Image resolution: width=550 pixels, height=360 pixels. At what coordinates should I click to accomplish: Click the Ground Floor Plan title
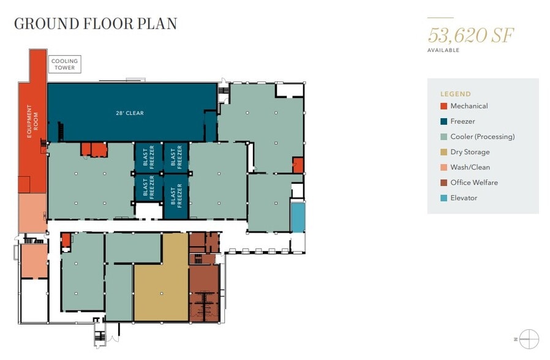tap(96, 24)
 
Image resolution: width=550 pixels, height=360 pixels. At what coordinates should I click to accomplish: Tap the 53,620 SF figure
tap(471, 35)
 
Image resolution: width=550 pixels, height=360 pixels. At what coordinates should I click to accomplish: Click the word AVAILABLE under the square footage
tap(443, 50)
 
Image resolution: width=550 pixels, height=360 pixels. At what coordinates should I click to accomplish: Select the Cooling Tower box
tap(64, 64)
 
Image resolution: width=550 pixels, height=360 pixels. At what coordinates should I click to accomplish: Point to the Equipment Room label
tap(32, 121)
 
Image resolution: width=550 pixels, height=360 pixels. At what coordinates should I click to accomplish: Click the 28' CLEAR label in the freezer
tap(130, 113)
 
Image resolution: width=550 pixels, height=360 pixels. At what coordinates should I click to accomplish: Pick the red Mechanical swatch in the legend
tap(443, 106)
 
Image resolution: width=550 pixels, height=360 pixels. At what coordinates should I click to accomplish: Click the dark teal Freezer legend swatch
tap(443, 121)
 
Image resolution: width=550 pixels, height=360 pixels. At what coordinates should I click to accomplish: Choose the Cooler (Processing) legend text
tap(482, 137)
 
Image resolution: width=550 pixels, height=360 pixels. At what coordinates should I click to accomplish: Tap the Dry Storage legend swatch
tap(443, 152)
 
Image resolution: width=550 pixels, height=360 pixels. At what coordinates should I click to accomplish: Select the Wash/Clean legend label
tap(470, 167)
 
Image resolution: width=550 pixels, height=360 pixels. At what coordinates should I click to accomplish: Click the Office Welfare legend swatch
tap(443, 182)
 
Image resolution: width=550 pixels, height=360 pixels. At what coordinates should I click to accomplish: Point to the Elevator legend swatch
tap(443, 198)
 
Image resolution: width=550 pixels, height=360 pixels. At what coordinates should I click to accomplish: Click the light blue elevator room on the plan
tap(298, 218)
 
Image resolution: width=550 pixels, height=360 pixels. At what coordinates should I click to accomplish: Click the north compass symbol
tap(529, 339)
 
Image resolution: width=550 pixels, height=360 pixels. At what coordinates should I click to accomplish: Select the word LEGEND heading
tap(455, 94)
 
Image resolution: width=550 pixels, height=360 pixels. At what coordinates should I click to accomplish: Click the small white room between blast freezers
tap(149, 211)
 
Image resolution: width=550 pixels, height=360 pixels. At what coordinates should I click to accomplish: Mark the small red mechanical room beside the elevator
tap(298, 165)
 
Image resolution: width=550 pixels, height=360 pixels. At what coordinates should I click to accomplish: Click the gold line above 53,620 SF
tap(440, 18)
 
